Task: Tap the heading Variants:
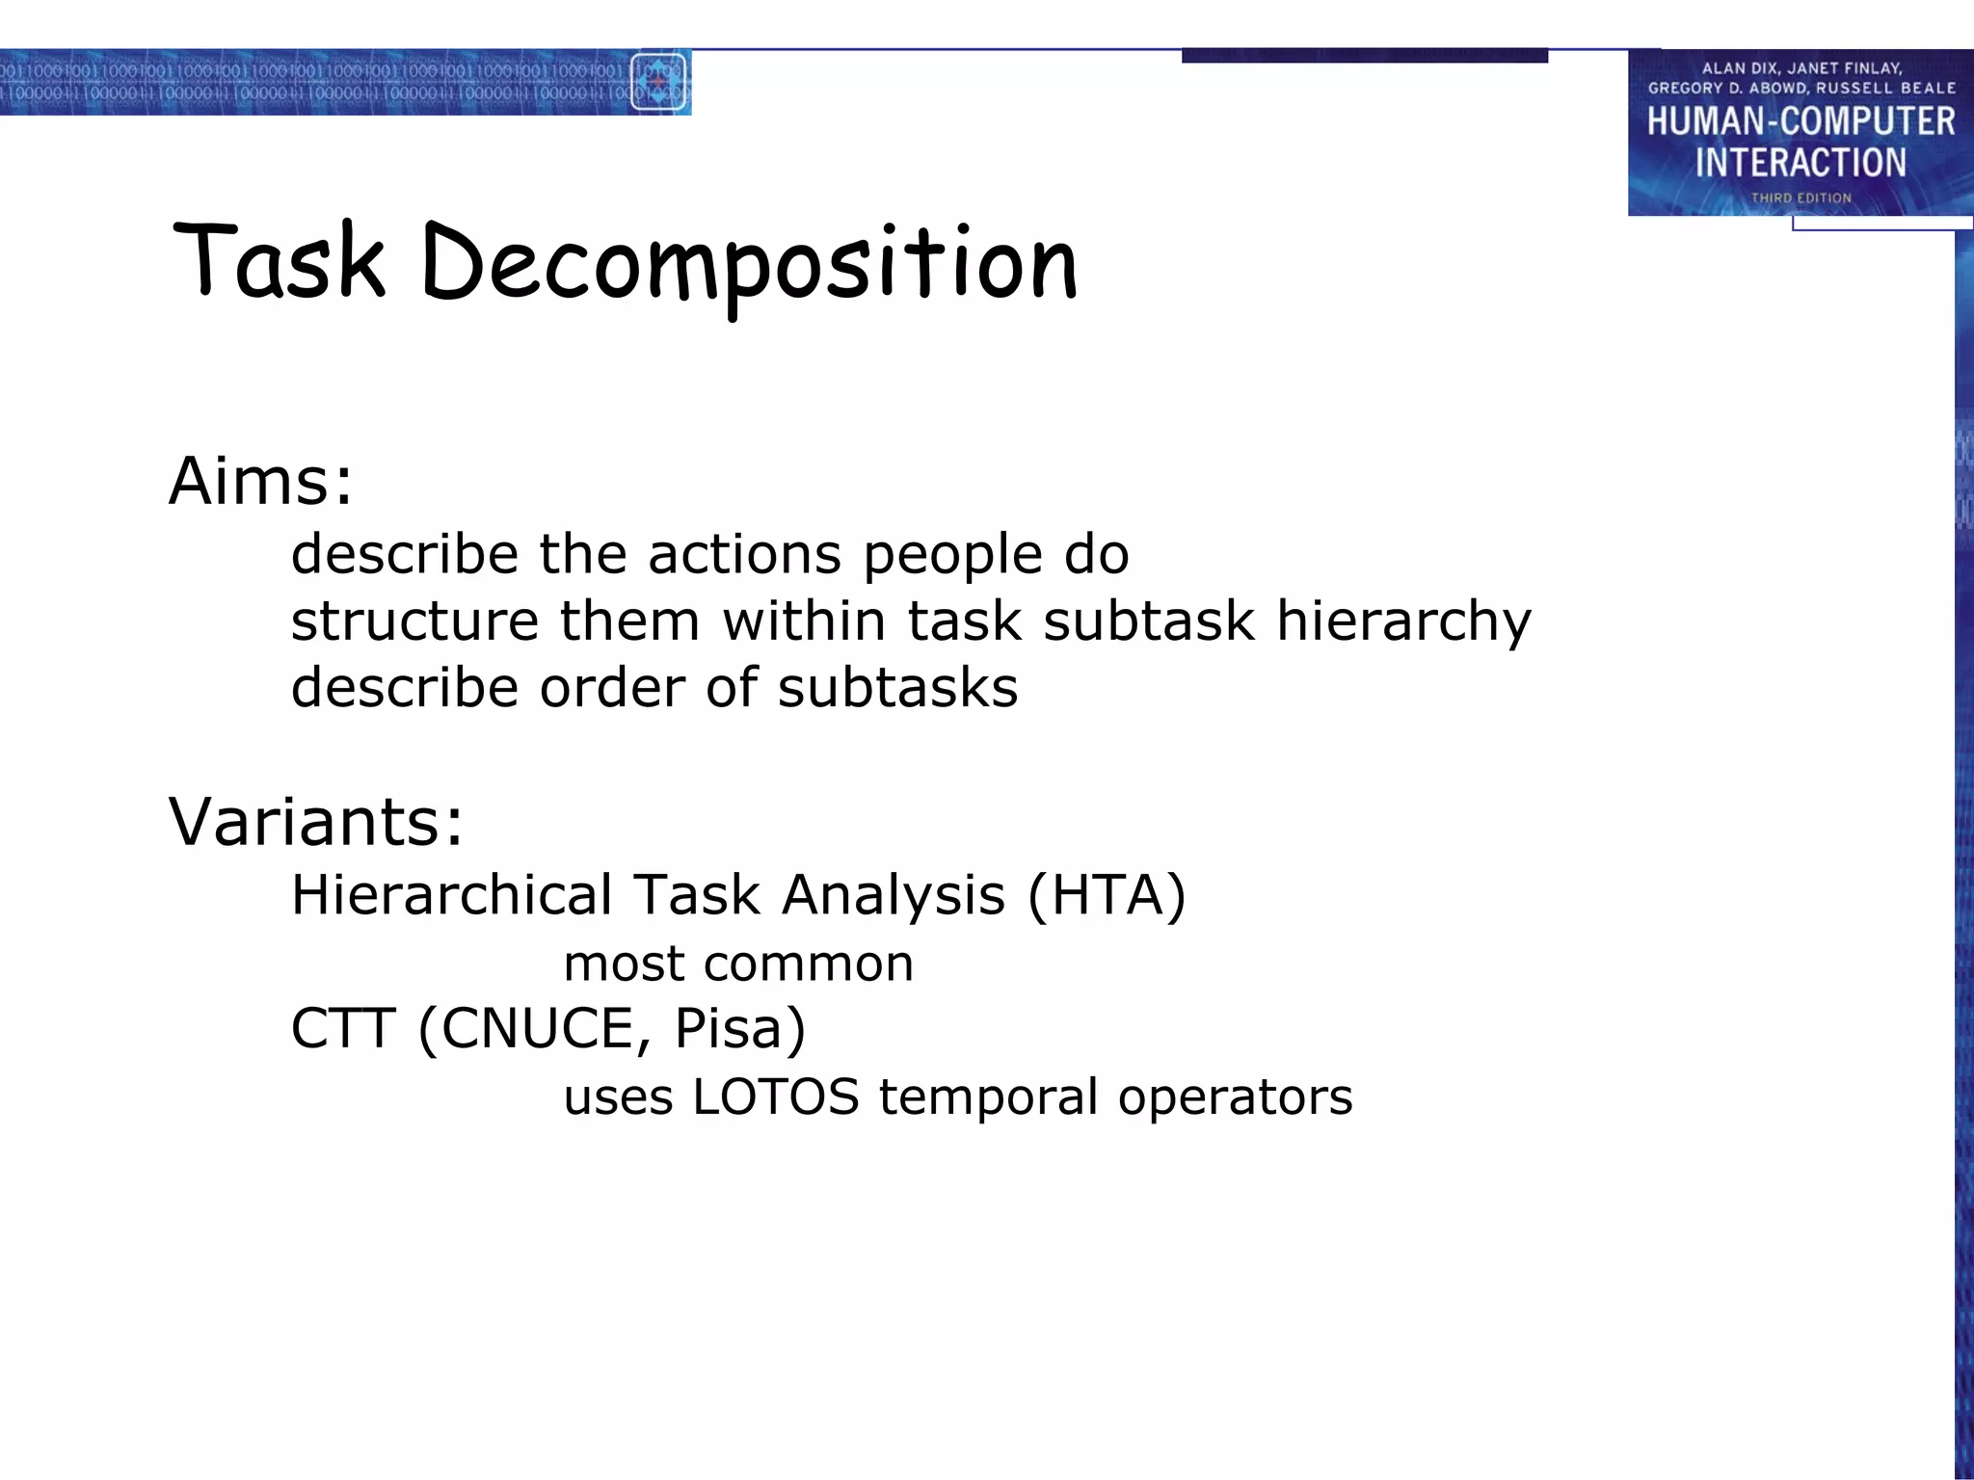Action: point(316,821)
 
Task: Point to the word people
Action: point(952,556)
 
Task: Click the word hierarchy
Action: point(1403,621)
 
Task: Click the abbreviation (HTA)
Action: point(1107,895)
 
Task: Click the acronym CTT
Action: point(343,1028)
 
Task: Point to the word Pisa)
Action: point(739,1028)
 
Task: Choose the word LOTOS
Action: point(775,1097)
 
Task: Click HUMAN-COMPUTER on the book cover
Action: point(1801,121)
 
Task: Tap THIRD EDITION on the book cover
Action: point(1801,198)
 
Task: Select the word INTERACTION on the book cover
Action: point(1801,162)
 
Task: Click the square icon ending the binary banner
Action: point(658,83)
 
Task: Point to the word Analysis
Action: point(894,895)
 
